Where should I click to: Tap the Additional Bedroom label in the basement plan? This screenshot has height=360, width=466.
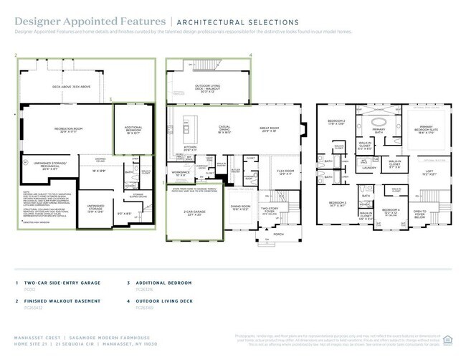[133, 131]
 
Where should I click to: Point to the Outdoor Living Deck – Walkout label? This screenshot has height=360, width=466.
[208, 90]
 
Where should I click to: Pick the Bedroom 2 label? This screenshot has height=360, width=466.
[337, 121]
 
